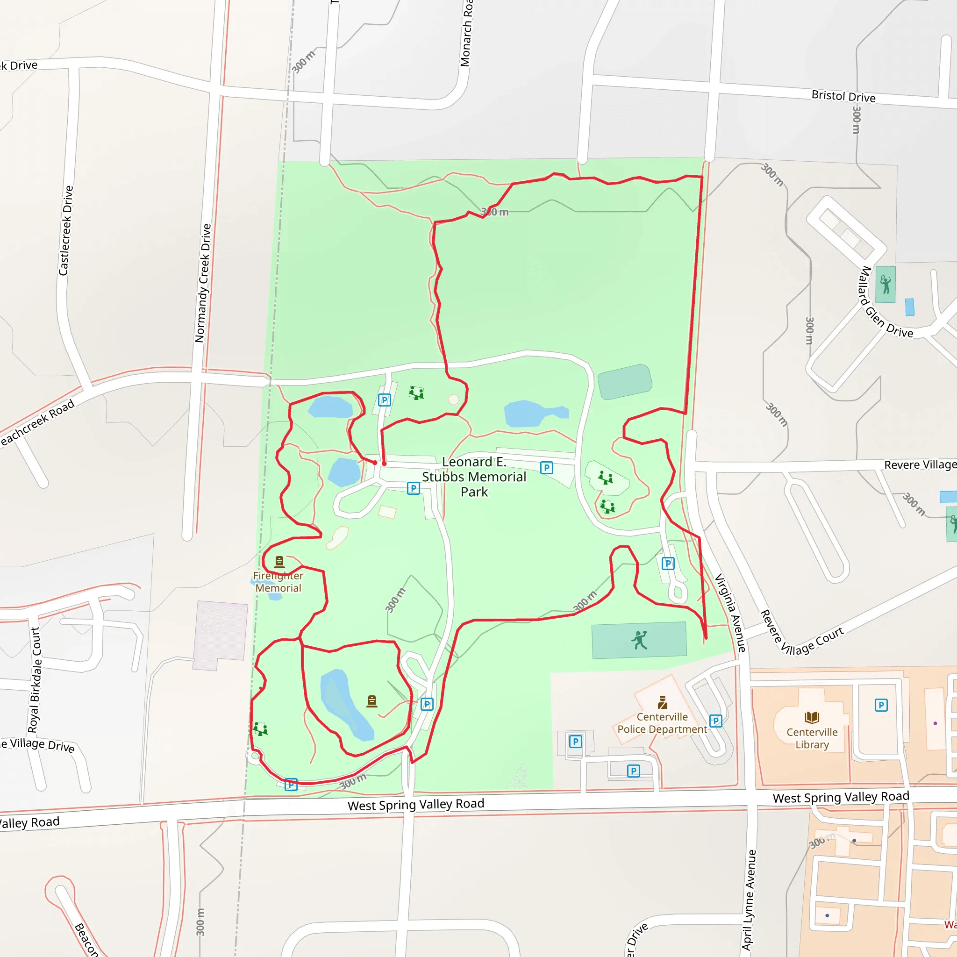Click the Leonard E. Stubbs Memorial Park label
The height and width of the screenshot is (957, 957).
[474, 477]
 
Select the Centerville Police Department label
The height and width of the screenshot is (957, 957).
[662, 723]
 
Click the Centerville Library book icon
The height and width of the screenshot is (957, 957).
[812, 717]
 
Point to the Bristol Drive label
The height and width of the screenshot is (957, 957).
[843, 96]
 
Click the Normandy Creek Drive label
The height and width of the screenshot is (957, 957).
[203, 283]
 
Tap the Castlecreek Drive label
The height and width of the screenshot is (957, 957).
[66, 231]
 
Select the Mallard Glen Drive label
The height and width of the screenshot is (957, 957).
[885, 303]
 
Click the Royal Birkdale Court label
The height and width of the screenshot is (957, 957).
[34, 679]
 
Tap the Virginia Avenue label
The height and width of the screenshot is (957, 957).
[730, 613]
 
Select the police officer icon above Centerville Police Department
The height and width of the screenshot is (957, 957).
[663, 702]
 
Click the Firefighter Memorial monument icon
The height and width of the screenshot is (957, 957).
[279, 561]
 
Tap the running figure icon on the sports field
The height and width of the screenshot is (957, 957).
[639, 640]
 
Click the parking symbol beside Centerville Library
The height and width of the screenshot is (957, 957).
[881, 705]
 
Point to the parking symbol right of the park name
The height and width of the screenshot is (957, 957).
[546, 468]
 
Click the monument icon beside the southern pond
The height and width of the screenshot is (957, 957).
[372, 701]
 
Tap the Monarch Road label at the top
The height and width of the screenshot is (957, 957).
[465, 33]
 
